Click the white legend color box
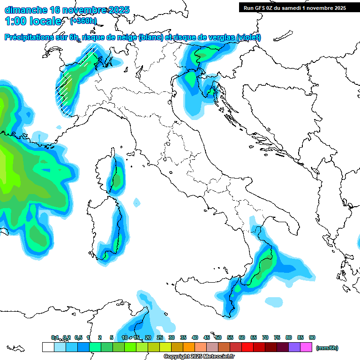48,347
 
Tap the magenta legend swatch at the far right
307,347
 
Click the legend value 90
312,337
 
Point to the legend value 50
218,337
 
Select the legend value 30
172,337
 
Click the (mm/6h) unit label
327,348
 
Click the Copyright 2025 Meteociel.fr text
199,357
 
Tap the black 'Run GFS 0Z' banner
295,7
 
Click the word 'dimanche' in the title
25,10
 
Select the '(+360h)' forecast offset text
83,21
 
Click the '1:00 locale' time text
33,21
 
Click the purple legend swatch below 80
295,347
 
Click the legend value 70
265,337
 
